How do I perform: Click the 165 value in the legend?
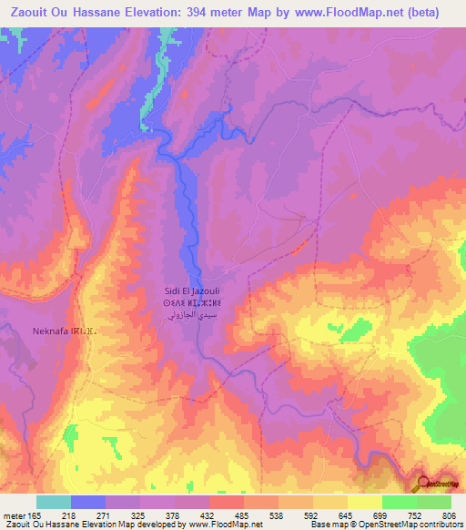point(27,515)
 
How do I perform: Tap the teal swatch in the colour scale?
point(54,502)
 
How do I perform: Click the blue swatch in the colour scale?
point(88,502)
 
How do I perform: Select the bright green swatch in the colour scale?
point(400,502)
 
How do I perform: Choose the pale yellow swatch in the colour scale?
point(365,502)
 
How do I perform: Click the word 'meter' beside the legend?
point(11,515)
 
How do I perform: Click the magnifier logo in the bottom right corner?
point(424,484)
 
